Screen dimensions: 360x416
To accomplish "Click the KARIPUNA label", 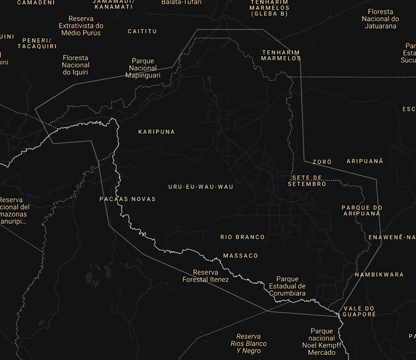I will tap(156, 132).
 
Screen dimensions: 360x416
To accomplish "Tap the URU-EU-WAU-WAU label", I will tap(201, 187).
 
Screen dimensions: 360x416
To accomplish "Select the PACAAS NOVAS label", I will tap(127, 199).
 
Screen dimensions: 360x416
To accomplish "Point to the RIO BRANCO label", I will tap(242, 237).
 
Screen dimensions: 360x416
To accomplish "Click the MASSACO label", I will tap(240, 256).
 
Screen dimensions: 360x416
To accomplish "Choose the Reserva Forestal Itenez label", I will tap(206, 276).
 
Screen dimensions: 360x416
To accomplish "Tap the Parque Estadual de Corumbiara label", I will tap(287, 286).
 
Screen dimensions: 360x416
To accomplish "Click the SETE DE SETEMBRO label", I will tap(307, 181).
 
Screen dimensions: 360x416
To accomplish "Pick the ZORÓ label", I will tap(322, 162).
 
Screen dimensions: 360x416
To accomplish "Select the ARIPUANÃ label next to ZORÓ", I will tap(364, 161).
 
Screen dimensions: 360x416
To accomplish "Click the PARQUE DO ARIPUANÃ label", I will tap(361, 211).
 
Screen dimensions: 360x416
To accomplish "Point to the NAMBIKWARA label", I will tap(379, 275).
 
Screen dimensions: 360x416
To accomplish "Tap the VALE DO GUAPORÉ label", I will tap(359, 312).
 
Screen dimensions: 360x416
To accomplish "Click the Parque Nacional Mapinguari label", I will tap(143, 68).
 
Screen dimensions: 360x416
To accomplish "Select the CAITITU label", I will tap(142, 31).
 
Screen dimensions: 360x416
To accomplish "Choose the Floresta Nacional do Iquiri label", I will tap(75, 65).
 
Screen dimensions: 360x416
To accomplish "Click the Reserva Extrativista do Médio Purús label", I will tap(80, 26).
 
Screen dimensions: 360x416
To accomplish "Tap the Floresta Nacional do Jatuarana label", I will tap(380, 19).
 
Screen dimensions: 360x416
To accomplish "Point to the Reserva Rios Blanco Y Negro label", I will tap(248, 343).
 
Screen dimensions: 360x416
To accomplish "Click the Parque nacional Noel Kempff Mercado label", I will tap(322, 342).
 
